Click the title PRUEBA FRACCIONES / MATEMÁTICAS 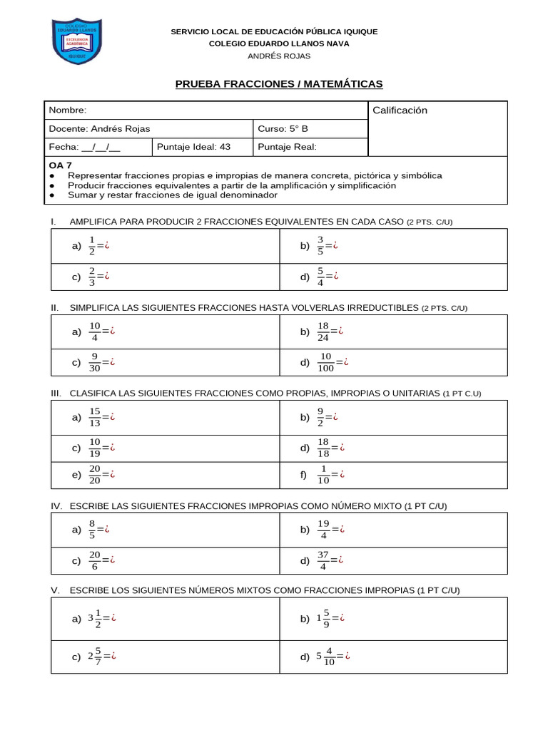[279, 84]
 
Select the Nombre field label [68, 110]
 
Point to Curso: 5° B [283, 129]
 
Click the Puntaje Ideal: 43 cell [194, 148]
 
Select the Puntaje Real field [287, 148]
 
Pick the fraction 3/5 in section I [321, 245]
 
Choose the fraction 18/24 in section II [324, 331]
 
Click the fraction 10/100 [325, 362]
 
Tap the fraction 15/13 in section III [95, 417]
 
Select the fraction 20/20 [95, 473]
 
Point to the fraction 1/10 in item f [324, 473]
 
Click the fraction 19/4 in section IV [324, 530]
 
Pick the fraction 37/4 [324, 561]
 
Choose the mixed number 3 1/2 [94, 619]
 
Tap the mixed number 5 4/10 [325, 657]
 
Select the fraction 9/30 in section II [95, 362]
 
